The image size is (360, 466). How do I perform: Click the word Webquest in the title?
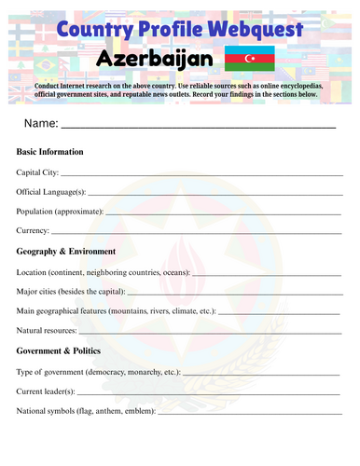252,30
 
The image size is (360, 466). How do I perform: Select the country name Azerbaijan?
154,62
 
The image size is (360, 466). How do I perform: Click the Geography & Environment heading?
66,252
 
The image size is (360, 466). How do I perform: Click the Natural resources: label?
51,331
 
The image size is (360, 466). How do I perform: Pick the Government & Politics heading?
62,351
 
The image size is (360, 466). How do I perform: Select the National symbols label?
87,411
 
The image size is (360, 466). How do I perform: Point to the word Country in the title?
91,30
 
